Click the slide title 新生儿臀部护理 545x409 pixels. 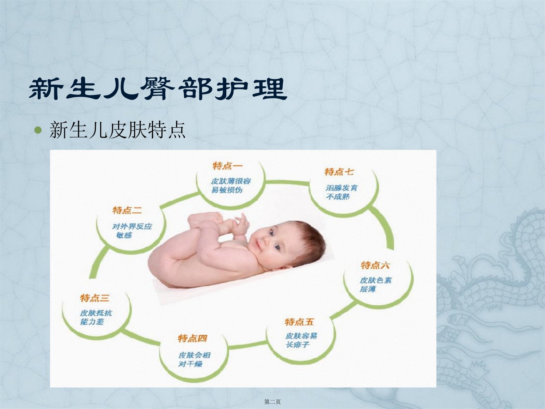point(158,88)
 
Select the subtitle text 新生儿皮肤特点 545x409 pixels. point(117,130)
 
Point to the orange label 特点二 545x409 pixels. point(127,210)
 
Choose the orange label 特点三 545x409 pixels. point(95,298)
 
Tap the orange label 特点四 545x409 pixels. point(192,338)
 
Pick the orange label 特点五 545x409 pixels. point(299,322)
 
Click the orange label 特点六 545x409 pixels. point(375,265)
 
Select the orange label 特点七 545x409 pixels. point(339,172)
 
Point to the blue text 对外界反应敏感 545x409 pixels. point(132,231)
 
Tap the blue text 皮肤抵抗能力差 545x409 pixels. point(96,317)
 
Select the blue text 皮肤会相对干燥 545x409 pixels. point(194,359)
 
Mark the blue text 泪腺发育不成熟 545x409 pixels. point(342,192)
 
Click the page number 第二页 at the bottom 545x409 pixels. point(272,402)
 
